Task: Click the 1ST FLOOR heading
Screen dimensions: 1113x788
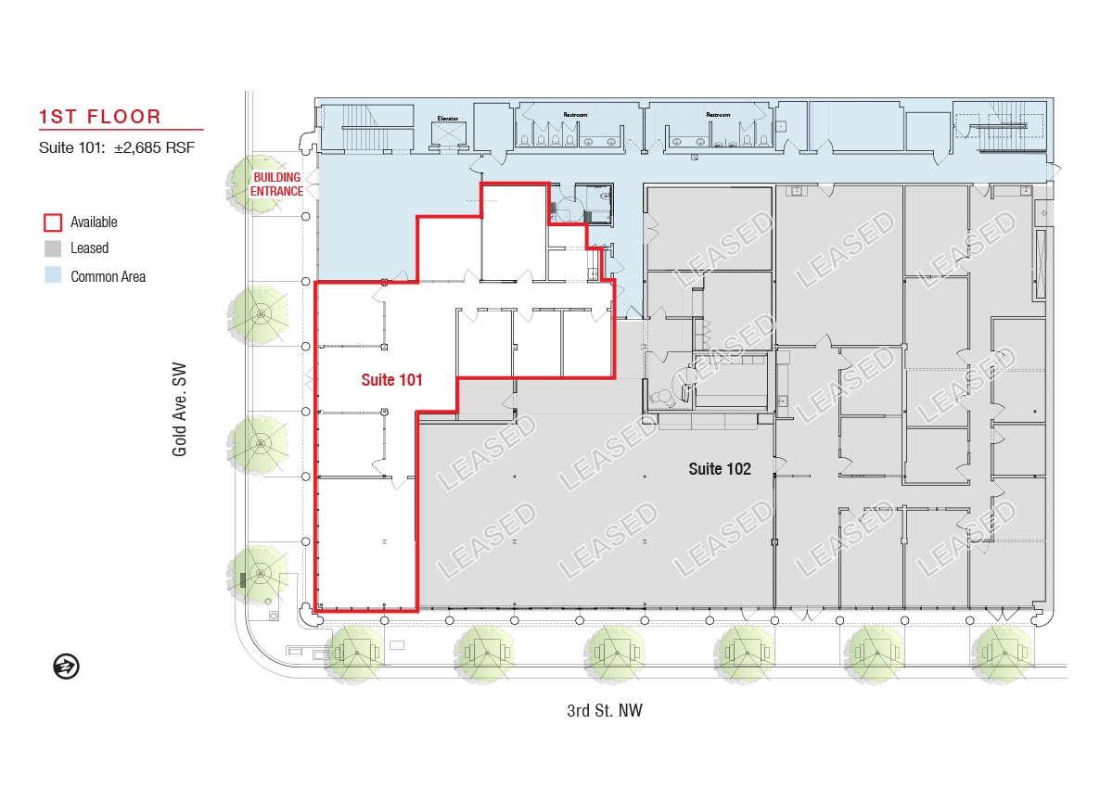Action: pyautogui.click(x=100, y=117)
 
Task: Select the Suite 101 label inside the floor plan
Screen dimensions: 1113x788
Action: pyautogui.click(x=391, y=380)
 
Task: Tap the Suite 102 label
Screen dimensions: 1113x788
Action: pyautogui.click(x=720, y=469)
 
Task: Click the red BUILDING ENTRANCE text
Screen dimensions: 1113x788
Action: pyautogui.click(x=276, y=184)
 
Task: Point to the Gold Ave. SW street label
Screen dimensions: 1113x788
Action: pyautogui.click(x=179, y=410)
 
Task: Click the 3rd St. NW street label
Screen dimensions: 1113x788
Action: pyautogui.click(x=605, y=710)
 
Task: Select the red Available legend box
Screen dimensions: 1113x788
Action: pyautogui.click(x=53, y=222)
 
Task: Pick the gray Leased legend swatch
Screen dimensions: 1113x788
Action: pyautogui.click(x=53, y=248)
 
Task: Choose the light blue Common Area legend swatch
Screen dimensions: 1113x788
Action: pyautogui.click(x=53, y=275)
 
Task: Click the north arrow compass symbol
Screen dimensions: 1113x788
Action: pyautogui.click(x=66, y=667)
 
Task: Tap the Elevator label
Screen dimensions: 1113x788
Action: pyautogui.click(x=448, y=118)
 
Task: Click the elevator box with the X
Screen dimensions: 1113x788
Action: pyautogui.click(x=449, y=133)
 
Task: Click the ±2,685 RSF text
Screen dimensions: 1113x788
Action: pyautogui.click(x=155, y=148)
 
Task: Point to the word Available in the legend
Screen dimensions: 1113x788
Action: pyautogui.click(x=94, y=222)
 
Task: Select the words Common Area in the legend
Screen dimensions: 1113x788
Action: pyautogui.click(x=109, y=276)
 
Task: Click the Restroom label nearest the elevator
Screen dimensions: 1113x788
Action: pyautogui.click(x=575, y=115)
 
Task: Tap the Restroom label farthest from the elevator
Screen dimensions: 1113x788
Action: pyautogui.click(x=718, y=115)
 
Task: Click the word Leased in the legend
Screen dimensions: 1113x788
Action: pyautogui.click(x=89, y=248)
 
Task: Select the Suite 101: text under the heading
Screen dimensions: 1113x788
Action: pyautogui.click(x=72, y=148)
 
